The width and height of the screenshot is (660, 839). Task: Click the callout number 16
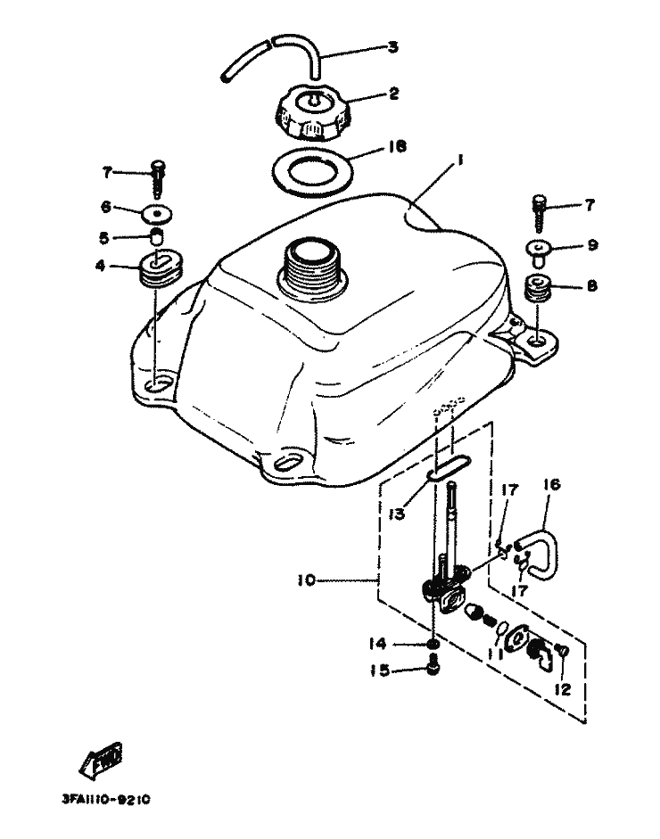(x=552, y=486)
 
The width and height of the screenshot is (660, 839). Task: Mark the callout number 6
(x=106, y=207)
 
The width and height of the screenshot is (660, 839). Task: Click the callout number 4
(x=104, y=265)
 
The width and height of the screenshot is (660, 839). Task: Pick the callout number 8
(x=592, y=287)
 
